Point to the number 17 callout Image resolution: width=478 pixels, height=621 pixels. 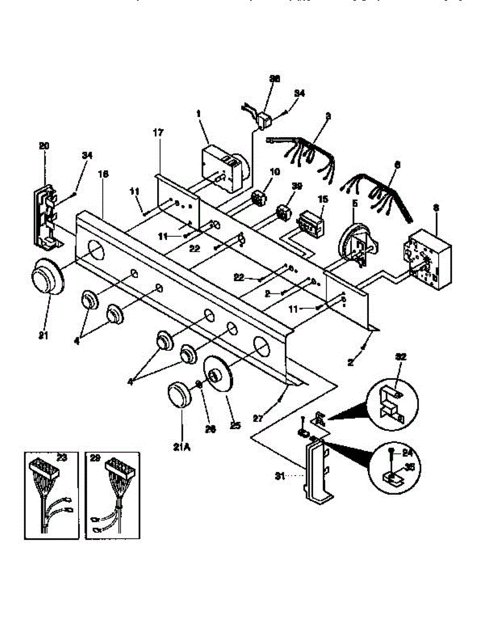(x=158, y=133)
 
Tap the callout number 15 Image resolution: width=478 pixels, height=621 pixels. (x=322, y=199)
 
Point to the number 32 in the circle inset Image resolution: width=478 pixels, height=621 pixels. (x=402, y=357)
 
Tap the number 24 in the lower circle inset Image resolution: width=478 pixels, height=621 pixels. (x=408, y=451)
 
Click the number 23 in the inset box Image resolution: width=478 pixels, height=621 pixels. (x=61, y=457)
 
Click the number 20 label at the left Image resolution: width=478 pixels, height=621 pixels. (x=44, y=146)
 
